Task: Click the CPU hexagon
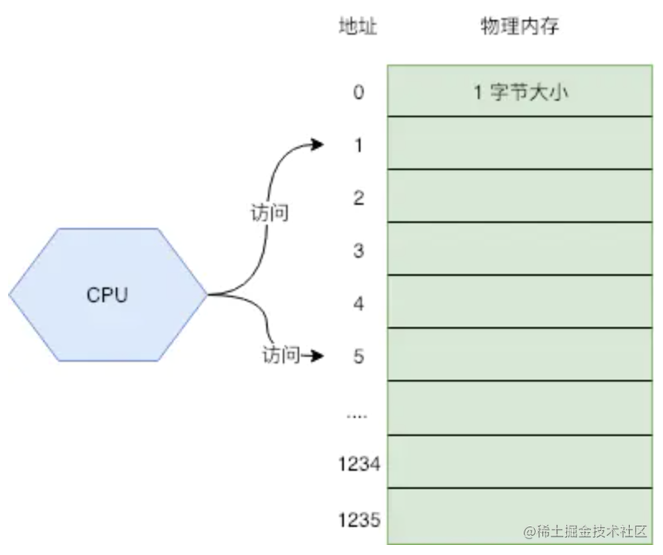(108, 294)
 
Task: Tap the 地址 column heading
(358, 26)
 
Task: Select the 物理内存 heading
(520, 26)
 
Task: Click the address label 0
(359, 92)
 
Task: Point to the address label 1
(359, 145)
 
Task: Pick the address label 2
(359, 198)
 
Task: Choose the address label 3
(359, 251)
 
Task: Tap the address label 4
(359, 304)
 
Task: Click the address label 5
(359, 357)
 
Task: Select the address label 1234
(360, 464)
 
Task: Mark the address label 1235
(360, 519)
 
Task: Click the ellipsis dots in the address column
(357, 417)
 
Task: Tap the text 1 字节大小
(520, 92)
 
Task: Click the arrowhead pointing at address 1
(317, 145)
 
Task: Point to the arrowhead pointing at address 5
(317, 356)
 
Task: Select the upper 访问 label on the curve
(269, 212)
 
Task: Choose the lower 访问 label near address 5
(281, 354)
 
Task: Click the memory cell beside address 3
(520, 249)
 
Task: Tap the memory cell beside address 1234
(520, 462)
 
